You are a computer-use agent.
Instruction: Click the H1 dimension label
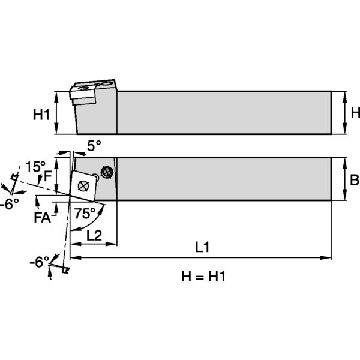click(41, 114)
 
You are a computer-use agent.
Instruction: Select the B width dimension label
click(355, 179)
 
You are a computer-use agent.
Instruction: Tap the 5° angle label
click(94, 146)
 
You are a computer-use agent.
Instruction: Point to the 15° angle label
click(35, 166)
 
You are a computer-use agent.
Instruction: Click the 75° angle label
click(86, 214)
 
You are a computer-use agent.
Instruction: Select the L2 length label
click(94, 235)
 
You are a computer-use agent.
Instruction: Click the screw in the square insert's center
click(83, 186)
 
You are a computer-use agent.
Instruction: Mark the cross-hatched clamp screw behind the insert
click(107, 172)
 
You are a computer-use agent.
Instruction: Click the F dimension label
click(48, 176)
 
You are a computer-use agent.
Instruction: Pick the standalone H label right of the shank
click(355, 112)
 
